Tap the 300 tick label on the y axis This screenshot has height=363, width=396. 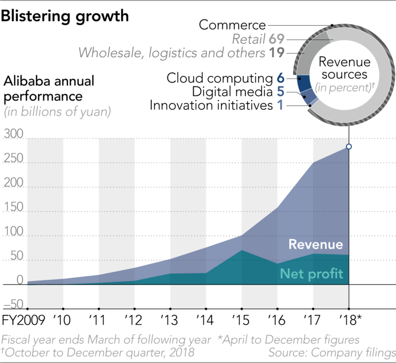click(13, 134)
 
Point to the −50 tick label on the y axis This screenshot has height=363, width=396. click(13, 304)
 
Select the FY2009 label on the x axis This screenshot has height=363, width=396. click(23, 320)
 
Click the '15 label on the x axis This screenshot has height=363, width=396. click(241, 320)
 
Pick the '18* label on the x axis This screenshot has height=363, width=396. click(351, 320)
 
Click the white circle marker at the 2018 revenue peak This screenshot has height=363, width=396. click(349, 146)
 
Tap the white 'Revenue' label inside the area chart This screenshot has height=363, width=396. click(316, 244)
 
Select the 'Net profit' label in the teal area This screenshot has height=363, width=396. click(312, 274)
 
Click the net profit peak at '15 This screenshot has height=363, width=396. click(242, 251)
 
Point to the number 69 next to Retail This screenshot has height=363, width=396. click(277, 39)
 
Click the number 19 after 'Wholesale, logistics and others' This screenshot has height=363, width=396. click(277, 53)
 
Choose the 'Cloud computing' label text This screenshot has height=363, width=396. click(219, 78)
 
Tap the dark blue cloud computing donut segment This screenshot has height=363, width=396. click(304, 83)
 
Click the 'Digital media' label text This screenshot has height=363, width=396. click(232, 92)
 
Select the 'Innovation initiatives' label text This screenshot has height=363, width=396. click(211, 105)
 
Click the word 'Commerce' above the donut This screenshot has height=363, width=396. click(232, 25)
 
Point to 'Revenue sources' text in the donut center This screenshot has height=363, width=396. click(345, 68)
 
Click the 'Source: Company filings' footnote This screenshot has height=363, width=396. click(332, 353)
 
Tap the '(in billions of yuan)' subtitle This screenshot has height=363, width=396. click(57, 112)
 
